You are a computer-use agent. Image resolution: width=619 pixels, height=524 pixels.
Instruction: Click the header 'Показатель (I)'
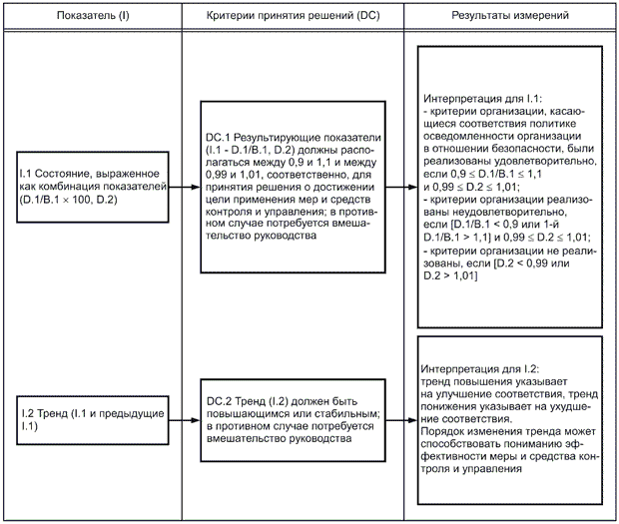(91, 18)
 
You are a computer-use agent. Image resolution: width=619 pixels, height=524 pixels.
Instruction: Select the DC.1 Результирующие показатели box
(293, 187)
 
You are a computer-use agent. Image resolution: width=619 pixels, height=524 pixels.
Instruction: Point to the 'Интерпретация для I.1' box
(508, 187)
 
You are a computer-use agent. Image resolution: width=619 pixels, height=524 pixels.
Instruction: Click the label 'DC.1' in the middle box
(218, 134)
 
